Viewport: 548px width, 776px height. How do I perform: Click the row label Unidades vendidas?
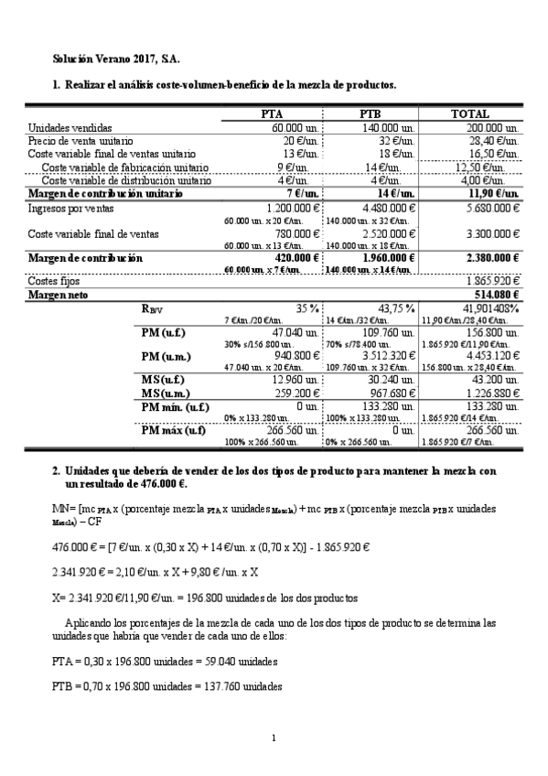pyautogui.click(x=70, y=128)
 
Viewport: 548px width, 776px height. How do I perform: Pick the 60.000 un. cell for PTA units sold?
pyautogui.click(x=293, y=128)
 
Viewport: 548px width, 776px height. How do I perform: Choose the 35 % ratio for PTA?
pyautogui.click(x=306, y=307)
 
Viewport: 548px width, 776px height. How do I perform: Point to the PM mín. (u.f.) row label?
pyautogui.click(x=179, y=405)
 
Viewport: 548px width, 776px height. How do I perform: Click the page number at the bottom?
pyautogui.click(x=274, y=738)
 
